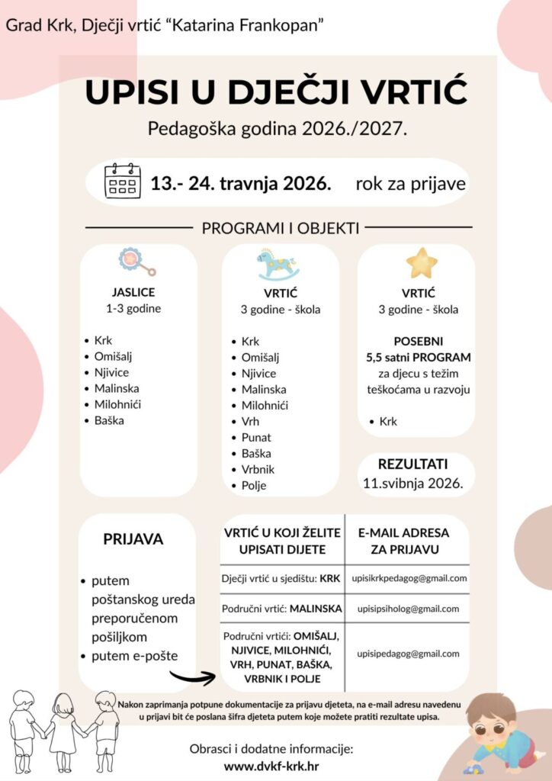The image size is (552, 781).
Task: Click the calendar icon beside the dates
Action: coord(123,182)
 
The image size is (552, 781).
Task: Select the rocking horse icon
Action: coord(278,264)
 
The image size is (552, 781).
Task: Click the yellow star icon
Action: coord(422,263)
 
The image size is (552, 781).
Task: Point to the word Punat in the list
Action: coord(256,438)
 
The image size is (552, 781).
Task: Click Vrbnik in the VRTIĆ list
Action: coord(258,470)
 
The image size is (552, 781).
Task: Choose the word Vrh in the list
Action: coord(251,422)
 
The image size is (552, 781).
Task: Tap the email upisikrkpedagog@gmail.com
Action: coord(409,579)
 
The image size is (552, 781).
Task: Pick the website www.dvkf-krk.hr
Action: coord(271,766)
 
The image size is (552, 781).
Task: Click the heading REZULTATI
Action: coord(413,464)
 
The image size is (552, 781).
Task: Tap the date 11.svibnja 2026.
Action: coord(412,483)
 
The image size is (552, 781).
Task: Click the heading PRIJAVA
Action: coord(133,539)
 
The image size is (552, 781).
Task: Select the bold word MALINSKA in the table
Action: coord(316,609)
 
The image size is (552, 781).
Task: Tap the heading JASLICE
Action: coord(133,292)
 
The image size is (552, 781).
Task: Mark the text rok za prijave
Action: coord(410,184)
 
